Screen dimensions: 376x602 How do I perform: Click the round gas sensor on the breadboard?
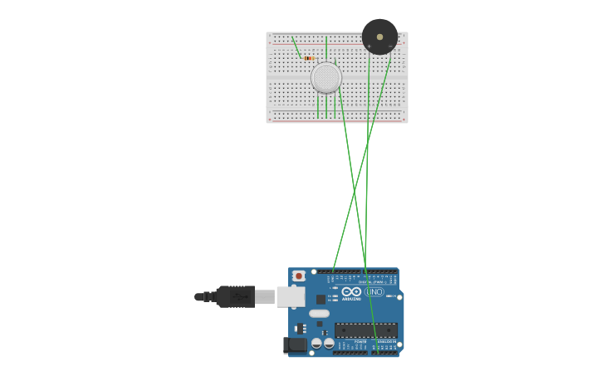coord(326,77)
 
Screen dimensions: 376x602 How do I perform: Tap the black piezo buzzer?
coord(379,37)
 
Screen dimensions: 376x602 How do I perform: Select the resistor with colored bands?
coord(309,58)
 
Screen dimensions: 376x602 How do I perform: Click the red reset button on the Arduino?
coord(299,276)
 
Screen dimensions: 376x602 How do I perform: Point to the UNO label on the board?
coord(374,291)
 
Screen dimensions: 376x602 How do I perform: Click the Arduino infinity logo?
coord(351,291)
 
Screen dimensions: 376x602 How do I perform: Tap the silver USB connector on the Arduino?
coord(290,296)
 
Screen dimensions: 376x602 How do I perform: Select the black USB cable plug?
coord(235,296)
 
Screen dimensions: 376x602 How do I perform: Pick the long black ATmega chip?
coord(366,330)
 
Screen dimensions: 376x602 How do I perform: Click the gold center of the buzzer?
coord(379,37)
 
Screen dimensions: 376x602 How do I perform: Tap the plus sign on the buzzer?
coord(370,46)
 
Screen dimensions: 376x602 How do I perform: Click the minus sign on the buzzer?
coord(389,46)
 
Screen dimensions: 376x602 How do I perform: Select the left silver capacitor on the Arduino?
coord(316,343)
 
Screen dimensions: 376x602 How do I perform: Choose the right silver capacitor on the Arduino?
coord(329,343)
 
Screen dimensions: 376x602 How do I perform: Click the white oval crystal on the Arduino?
coord(320,314)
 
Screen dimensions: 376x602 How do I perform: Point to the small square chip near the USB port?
coord(321,299)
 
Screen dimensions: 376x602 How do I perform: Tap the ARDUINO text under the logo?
coord(351,299)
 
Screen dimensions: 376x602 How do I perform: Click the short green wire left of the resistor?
coord(296,46)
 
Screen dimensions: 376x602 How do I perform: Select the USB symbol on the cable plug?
coord(238,296)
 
